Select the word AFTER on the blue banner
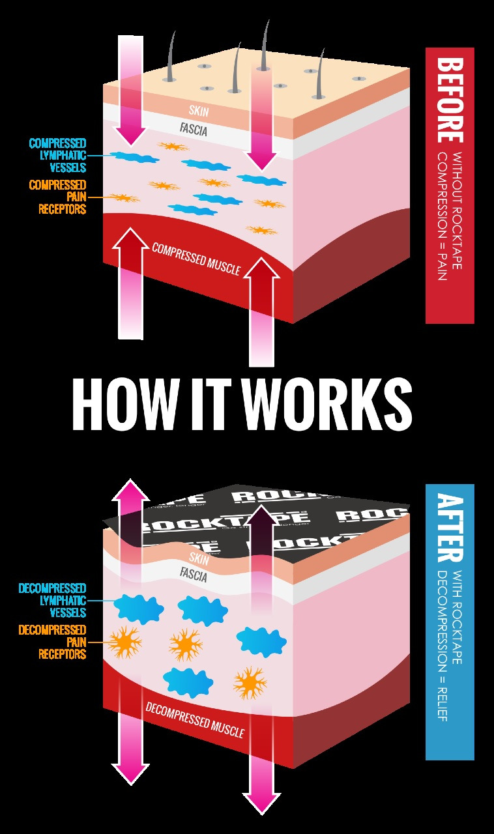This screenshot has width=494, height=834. (x=449, y=527)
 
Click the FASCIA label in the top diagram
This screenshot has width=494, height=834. (x=193, y=130)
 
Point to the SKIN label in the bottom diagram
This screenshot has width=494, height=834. (x=198, y=558)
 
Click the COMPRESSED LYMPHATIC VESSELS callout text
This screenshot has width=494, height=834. (x=57, y=155)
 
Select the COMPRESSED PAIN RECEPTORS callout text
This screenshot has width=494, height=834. (x=57, y=197)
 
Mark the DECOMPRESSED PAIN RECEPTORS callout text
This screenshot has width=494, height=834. (x=52, y=642)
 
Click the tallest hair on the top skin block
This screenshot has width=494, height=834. (x=265, y=46)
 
